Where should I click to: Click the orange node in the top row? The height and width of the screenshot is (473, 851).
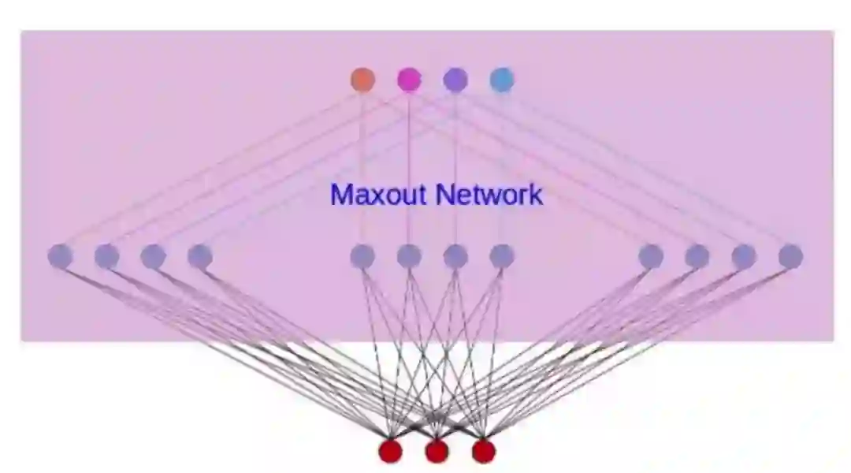tap(362, 80)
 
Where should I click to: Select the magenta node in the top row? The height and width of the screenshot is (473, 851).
tap(409, 80)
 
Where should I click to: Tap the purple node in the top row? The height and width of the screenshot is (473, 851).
tap(455, 80)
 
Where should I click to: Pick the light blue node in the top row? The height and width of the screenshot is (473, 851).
tap(502, 80)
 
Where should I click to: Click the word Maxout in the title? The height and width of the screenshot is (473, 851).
tap(380, 194)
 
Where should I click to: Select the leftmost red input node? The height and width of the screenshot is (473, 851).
tap(390, 451)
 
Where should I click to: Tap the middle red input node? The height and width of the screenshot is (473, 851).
tap(437, 451)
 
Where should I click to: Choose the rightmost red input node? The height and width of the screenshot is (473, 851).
tap(483, 451)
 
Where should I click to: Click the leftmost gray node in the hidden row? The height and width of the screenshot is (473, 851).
tap(60, 256)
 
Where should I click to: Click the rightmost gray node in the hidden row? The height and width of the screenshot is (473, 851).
tap(790, 256)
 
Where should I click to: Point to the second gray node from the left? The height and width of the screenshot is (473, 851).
tap(106, 256)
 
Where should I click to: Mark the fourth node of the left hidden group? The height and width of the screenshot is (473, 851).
tap(199, 256)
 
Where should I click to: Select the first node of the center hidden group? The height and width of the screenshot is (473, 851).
tap(362, 256)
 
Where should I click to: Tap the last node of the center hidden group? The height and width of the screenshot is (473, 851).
tap(502, 256)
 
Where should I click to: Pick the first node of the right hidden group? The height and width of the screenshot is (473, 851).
tap(651, 256)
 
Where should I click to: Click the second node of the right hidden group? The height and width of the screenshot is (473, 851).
tap(697, 256)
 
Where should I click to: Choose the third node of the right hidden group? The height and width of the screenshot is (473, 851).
tap(744, 256)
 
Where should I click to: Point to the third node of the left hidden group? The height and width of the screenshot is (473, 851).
tap(153, 256)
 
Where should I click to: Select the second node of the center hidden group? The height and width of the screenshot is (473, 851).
tap(409, 256)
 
